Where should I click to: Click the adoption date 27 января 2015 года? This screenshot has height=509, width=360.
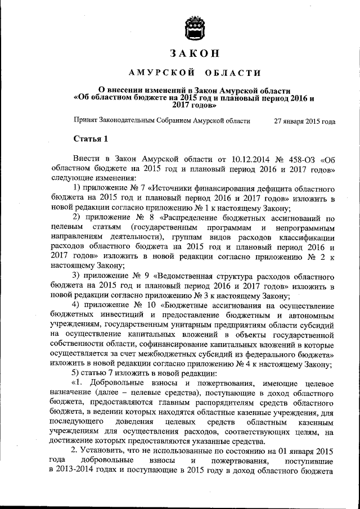[x=304, y=120]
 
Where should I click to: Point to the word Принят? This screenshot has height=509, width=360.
[x=85, y=120]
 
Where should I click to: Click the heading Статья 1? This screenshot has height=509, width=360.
[x=91, y=138]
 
